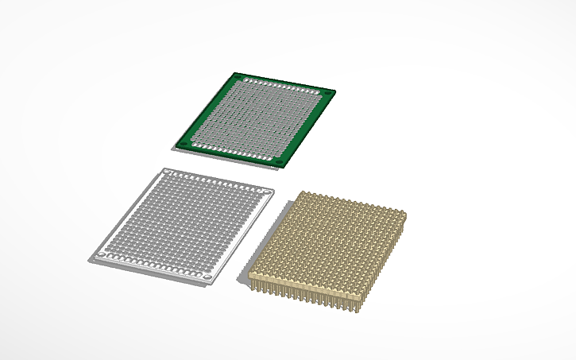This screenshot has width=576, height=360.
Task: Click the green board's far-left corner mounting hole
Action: (237, 77)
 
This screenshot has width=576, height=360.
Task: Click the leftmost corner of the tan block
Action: (250, 273)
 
